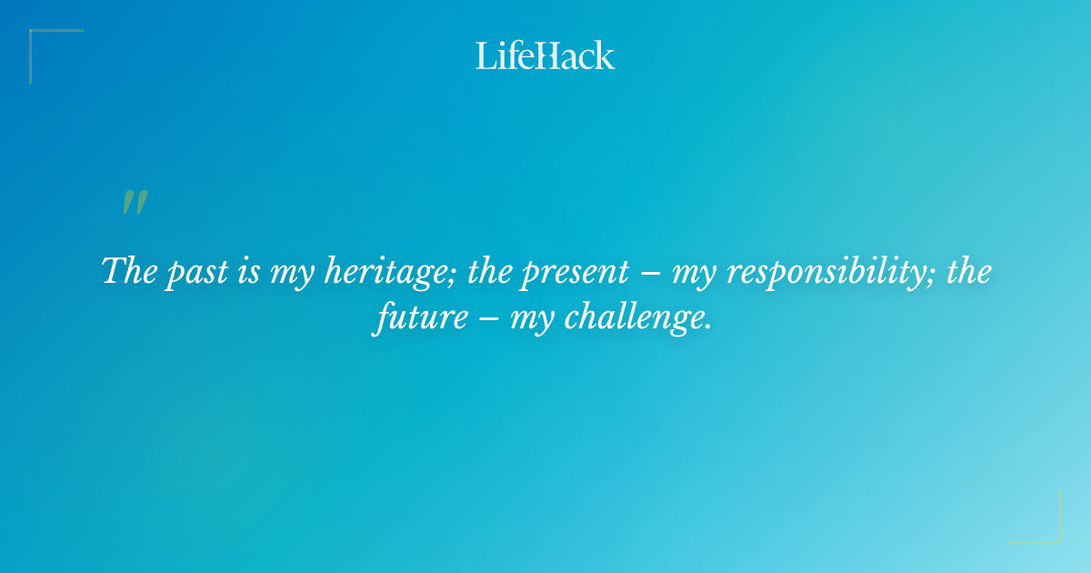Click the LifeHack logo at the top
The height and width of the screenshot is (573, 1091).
click(x=545, y=55)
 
